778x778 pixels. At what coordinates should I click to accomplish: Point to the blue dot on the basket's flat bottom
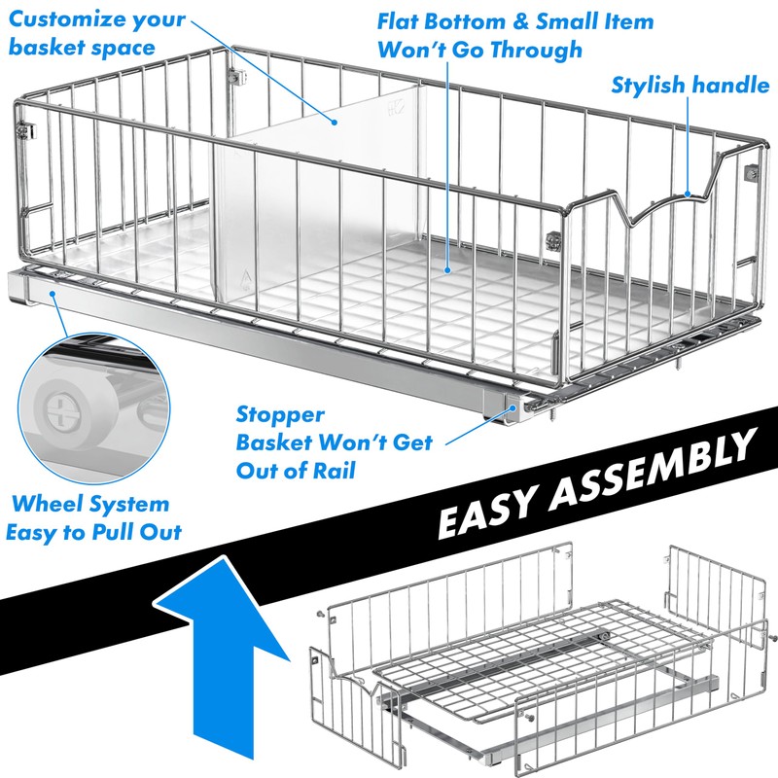(447, 269)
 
